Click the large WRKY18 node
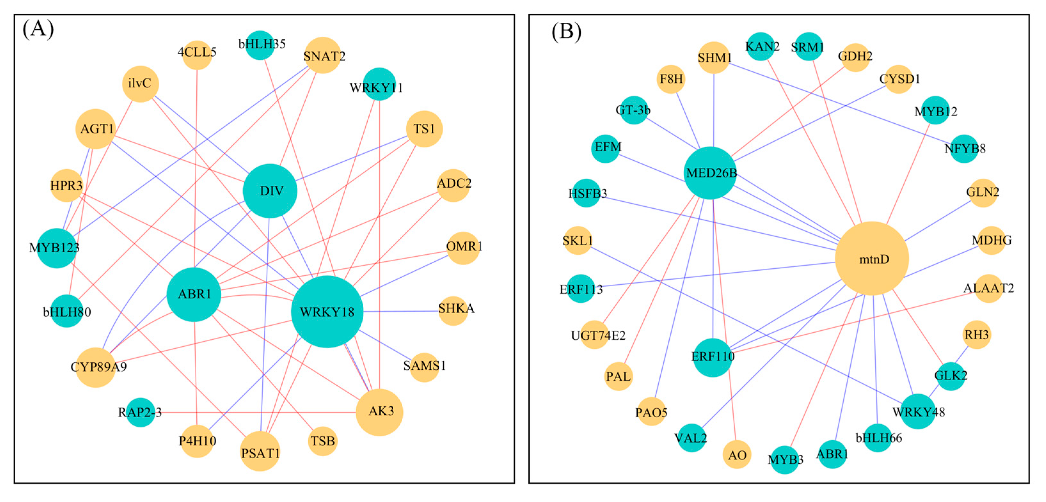(327, 312)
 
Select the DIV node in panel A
(270, 191)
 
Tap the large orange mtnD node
(872, 259)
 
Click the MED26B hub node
(710, 173)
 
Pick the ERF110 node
(712, 357)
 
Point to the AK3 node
(380, 412)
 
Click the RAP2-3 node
(140, 412)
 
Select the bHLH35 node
(260, 45)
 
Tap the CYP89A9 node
(96, 367)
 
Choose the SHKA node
(453, 311)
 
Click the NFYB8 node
(964, 149)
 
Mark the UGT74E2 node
(595, 335)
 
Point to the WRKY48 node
(918, 412)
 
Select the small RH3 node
(976, 335)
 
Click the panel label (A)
(38, 29)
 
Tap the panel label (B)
(566, 31)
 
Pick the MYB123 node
(57, 248)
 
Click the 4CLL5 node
(197, 54)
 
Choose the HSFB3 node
(586, 193)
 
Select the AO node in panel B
(736, 454)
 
